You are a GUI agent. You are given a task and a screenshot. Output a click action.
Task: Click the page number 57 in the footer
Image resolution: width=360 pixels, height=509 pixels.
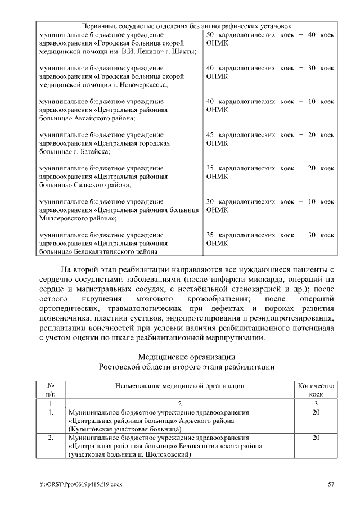click(331, 483)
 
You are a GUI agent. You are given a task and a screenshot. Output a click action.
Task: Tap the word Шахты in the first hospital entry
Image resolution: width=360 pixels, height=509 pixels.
click(183, 52)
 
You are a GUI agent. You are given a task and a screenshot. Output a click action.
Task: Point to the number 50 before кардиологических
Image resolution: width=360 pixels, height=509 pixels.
click(211, 35)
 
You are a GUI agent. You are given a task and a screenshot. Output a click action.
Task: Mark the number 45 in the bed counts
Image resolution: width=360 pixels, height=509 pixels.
click(211, 135)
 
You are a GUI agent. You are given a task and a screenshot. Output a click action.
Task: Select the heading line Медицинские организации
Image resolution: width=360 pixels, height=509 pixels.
click(186, 357)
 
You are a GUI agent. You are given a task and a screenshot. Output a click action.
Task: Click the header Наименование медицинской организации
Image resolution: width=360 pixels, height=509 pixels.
click(179, 386)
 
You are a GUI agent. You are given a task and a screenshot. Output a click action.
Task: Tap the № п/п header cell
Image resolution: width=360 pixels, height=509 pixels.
click(50, 390)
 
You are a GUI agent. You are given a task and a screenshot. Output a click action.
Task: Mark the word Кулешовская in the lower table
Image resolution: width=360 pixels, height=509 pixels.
click(91, 429)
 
